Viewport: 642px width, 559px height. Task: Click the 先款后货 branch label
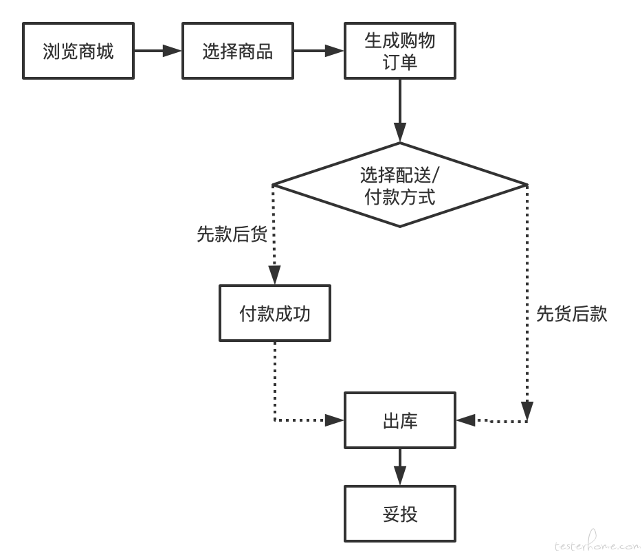232,234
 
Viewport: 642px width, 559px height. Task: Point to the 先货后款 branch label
572,314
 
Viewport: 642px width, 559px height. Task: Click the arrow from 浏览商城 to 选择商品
158,51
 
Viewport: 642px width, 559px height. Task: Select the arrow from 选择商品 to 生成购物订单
319,51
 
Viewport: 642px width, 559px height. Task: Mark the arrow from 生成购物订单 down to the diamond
400,111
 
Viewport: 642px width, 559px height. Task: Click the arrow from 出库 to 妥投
400,467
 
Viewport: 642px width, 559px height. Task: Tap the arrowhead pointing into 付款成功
275,275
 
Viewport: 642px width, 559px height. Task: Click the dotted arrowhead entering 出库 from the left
334,420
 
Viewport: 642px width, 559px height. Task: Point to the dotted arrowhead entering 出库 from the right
465,420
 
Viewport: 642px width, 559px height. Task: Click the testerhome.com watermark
597,543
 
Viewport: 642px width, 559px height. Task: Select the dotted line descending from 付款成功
275,381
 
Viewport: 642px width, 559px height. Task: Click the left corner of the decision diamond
273,185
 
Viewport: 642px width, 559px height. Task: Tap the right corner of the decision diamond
527,185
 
